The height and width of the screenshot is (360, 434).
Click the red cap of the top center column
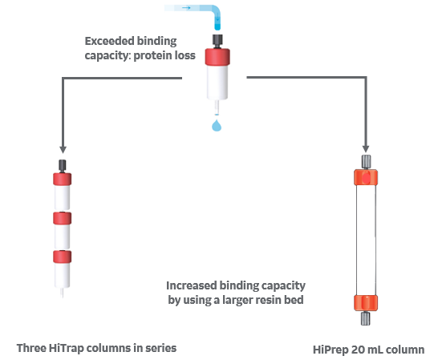point(217,56)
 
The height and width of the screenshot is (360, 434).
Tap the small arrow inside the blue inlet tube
point(186,8)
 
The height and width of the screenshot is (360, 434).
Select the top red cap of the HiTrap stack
point(62,179)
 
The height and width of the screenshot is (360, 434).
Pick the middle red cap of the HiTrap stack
point(62,217)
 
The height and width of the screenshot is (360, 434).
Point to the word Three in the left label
point(31,348)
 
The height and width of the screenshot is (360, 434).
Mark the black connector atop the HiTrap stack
point(62,164)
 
